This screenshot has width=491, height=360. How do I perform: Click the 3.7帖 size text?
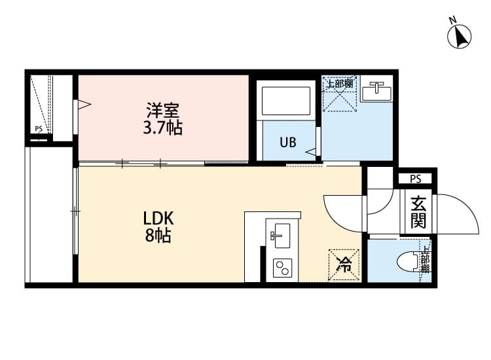tap(162, 128)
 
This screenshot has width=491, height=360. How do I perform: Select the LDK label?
tap(158, 218)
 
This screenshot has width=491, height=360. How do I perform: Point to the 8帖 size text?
tap(158, 236)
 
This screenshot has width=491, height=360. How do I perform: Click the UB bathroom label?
tap(288, 141)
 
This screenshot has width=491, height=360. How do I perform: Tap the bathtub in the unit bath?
tap(286, 101)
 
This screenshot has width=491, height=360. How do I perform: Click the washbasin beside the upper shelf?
tap(376, 90)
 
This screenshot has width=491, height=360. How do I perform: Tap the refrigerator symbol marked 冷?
tap(343, 264)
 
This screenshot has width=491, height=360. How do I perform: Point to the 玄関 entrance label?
tap(418, 213)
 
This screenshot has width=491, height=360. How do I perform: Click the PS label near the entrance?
tap(415, 179)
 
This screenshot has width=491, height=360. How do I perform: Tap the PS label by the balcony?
tap(39, 130)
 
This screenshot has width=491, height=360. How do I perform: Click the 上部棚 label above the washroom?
tap(340, 84)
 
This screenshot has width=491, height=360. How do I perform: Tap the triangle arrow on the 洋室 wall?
tap(83, 104)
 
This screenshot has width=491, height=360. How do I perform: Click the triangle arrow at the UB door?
tap(312, 152)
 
